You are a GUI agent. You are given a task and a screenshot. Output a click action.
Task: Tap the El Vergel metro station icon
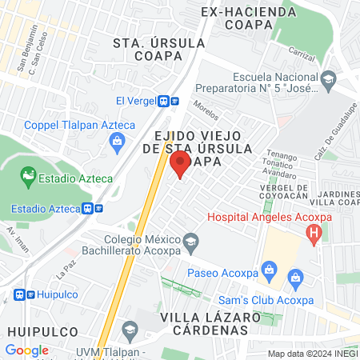click(168, 101)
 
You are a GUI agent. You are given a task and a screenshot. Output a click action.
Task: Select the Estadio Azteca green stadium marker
click(29, 174)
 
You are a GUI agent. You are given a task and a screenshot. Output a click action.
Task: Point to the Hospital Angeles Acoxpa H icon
click(314, 234)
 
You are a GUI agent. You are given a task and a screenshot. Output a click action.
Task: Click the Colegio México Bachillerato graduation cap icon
click(190, 240)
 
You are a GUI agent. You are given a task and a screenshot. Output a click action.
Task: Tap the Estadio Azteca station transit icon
click(93, 208)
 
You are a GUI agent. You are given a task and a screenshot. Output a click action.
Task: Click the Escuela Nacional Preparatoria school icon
click(328, 80)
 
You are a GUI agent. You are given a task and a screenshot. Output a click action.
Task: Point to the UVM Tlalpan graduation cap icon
click(130, 329)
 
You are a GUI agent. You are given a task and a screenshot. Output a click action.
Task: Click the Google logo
click(26, 350)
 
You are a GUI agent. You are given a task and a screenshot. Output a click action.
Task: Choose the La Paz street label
click(66, 271)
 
